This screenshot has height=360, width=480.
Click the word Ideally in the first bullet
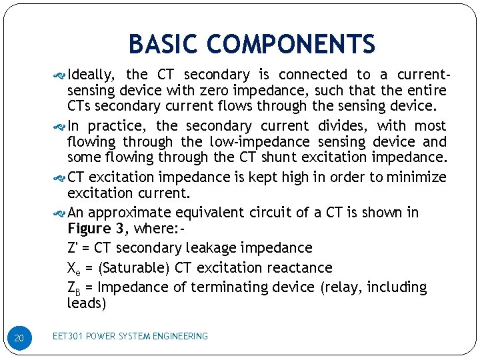(93, 75)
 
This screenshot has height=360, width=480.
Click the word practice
(119, 125)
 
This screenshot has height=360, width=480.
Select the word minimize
(415, 177)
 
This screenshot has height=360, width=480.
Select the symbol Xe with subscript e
(74, 268)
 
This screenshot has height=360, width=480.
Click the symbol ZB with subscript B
(74, 288)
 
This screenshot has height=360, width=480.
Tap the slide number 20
(19, 339)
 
